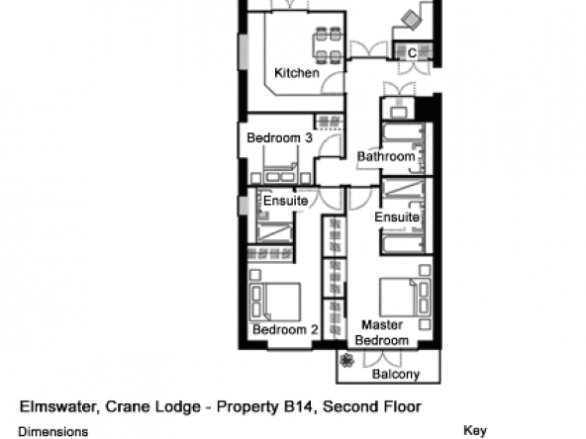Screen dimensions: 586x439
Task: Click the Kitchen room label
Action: [x=297, y=73]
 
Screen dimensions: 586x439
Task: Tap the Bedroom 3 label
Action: [x=279, y=137]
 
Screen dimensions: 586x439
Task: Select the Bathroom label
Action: [x=386, y=156]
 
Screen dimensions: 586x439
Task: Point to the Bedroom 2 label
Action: [x=285, y=329]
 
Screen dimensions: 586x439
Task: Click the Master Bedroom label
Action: [x=382, y=332]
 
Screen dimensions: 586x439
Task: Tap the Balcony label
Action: [x=396, y=374]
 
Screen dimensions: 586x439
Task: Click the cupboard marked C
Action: [x=412, y=53]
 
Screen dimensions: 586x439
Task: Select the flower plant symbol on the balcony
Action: [x=346, y=361]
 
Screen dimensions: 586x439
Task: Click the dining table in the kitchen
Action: [x=328, y=44]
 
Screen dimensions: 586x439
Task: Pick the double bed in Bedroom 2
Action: [x=275, y=302]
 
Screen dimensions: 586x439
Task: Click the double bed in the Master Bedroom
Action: [x=405, y=298]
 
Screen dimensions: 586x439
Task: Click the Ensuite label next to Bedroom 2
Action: [x=285, y=201]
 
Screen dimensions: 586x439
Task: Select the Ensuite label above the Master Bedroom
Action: [x=397, y=218]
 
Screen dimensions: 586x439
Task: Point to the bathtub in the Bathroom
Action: [x=403, y=133]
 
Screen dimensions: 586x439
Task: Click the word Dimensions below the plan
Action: [x=53, y=432]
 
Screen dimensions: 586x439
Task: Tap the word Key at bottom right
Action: [x=475, y=431]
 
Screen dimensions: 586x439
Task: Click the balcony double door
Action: [x=382, y=358]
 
